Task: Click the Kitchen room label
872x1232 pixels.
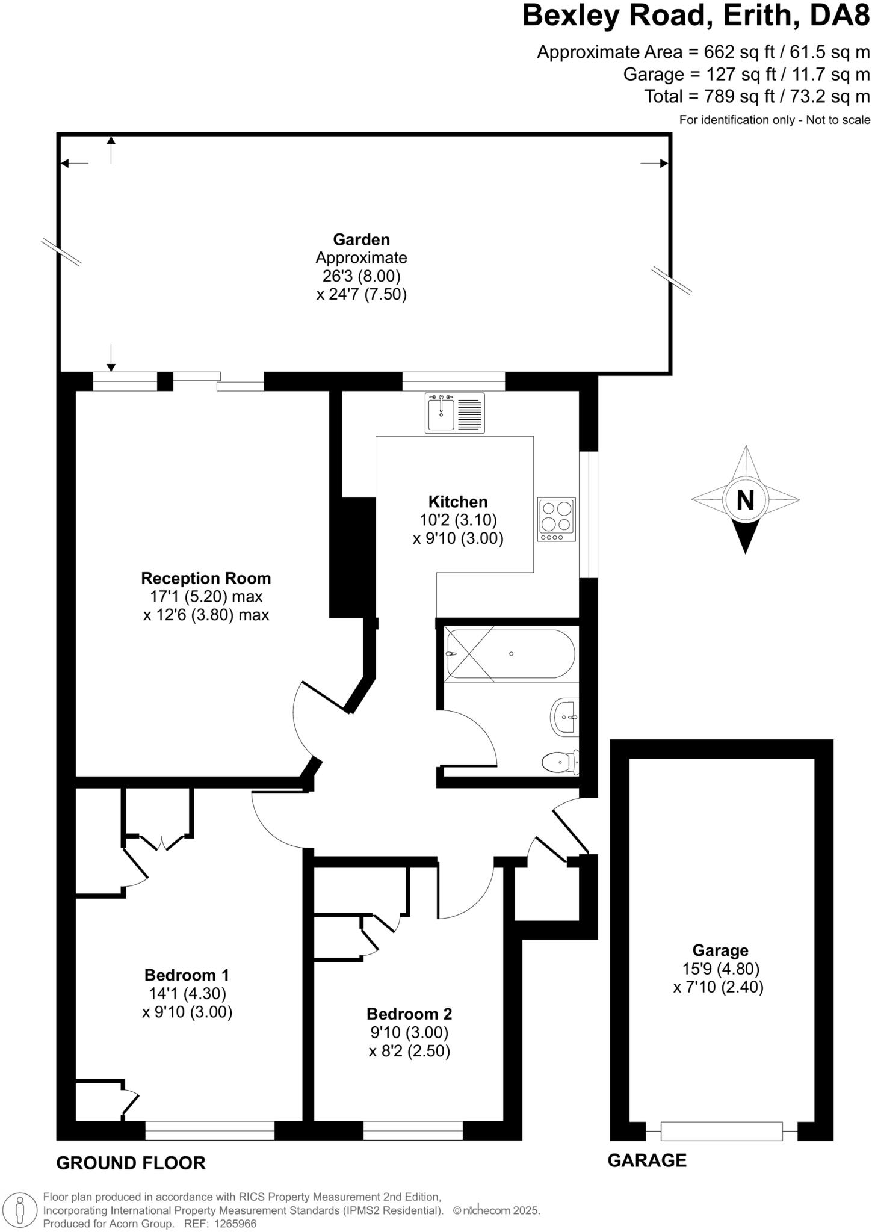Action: [x=457, y=502]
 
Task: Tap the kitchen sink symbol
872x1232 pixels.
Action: [x=454, y=413]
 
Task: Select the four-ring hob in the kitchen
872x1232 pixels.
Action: [x=556, y=519]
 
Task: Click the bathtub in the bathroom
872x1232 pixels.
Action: [x=510, y=654]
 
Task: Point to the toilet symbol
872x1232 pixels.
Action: [x=560, y=763]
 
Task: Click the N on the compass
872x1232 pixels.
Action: [x=745, y=500]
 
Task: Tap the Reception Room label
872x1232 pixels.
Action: [x=206, y=579]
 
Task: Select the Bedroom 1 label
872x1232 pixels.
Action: [x=187, y=975]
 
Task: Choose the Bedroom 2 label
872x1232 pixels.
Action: [x=409, y=1014]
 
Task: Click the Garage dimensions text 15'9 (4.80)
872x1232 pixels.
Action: [x=720, y=969]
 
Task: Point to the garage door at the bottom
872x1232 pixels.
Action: [x=721, y=1131]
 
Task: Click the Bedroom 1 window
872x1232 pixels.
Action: [x=209, y=1131]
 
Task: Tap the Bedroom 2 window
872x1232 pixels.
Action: [x=413, y=1131]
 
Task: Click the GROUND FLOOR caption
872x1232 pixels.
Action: [x=131, y=1163]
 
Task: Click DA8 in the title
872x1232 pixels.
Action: [x=840, y=16]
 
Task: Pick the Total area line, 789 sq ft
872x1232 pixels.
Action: [x=756, y=96]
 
